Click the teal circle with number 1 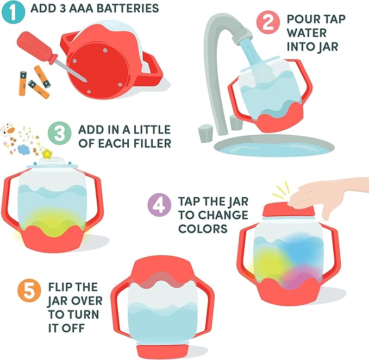point(13,12)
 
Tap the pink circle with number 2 point(268,22)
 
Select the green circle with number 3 point(59,133)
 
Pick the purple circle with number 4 point(159,205)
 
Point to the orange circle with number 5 point(29,290)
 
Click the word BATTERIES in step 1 point(128,9)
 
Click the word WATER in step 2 point(307,33)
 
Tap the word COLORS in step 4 point(203,229)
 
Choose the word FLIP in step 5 point(59,287)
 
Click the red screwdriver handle point(36,47)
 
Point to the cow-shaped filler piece point(7,129)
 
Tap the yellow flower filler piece point(47,154)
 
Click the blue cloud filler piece point(23,149)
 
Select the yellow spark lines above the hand point(281,190)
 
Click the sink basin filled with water point(274,146)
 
